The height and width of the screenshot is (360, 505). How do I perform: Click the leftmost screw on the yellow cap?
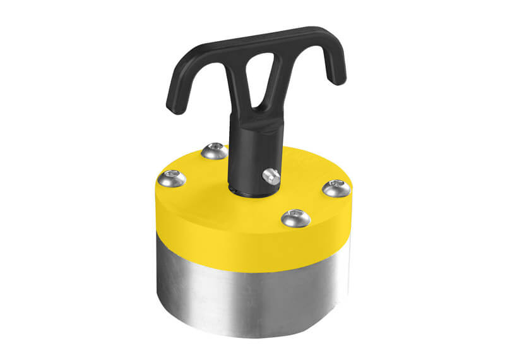point(172,179)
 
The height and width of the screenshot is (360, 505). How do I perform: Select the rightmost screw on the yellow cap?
point(335,188)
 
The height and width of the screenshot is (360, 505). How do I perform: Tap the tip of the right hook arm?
point(339,80)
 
